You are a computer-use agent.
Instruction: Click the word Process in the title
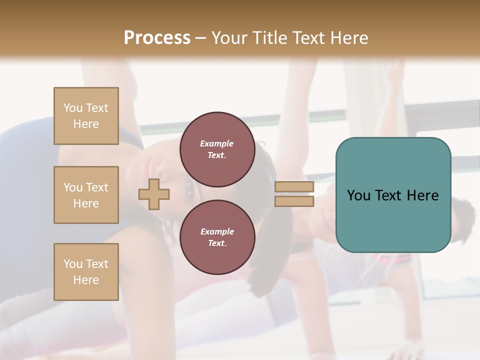[x=157, y=38]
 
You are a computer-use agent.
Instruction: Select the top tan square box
[x=86, y=116]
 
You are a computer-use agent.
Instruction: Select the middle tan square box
[x=86, y=195]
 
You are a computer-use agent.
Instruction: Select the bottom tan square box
[x=86, y=272]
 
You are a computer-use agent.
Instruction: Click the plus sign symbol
[x=154, y=194]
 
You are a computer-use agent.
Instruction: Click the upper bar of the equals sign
[x=294, y=186]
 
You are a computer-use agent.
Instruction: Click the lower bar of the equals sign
[x=294, y=201]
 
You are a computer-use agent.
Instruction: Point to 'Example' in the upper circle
[x=216, y=143]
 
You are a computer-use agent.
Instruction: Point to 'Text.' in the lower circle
[x=217, y=243]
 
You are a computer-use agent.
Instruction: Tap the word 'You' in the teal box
[x=358, y=195]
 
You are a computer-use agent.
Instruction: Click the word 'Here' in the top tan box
[x=86, y=124]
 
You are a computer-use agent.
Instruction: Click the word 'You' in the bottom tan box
[x=73, y=264]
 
